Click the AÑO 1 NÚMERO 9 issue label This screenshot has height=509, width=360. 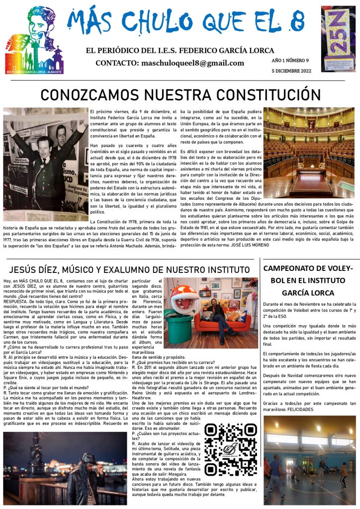coord(290,60)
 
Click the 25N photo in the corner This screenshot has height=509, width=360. coord(338,38)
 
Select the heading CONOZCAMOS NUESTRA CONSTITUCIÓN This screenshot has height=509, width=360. coord(180,94)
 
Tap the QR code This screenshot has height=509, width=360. coord(231,449)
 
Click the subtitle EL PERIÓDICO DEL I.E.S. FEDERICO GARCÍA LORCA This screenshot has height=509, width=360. coord(180,50)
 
